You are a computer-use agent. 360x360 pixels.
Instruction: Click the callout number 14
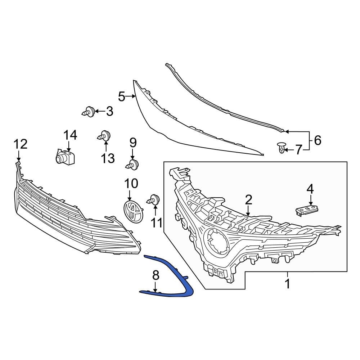pyautogui.click(x=70, y=135)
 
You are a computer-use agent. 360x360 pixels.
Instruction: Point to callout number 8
pyautogui.click(x=156, y=276)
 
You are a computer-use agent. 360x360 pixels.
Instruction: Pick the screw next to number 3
pyautogui.click(x=89, y=112)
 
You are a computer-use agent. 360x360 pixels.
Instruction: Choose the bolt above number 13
pyautogui.click(x=105, y=136)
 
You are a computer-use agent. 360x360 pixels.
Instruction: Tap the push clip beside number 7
pyautogui.click(x=281, y=148)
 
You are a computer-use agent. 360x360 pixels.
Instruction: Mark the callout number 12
pyautogui.click(x=21, y=144)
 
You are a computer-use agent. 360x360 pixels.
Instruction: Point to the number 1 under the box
pyautogui.click(x=287, y=284)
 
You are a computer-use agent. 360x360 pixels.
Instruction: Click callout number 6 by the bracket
pyautogui.click(x=317, y=140)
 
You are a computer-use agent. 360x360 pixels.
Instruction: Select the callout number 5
pyautogui.click(x=122, y=96)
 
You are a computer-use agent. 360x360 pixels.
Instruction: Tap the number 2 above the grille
pyautogui.click(x=248, y=199)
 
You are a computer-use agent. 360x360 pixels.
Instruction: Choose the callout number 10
pyautogui.click(x=131, y=184)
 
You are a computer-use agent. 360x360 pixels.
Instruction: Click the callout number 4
pyautogui.click(x=310, y=188)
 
